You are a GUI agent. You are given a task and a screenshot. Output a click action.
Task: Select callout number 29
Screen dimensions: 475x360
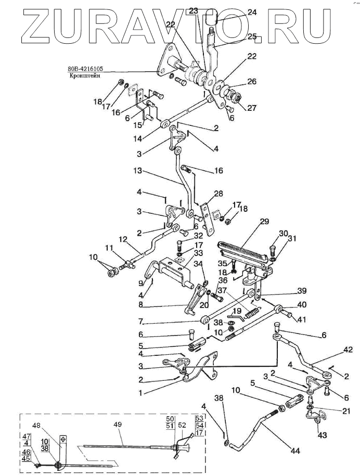tap(264, 222)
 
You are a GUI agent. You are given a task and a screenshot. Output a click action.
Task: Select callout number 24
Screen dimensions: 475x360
tap(252, 12)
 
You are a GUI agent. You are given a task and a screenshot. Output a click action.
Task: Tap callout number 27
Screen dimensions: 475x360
tap(238, 109)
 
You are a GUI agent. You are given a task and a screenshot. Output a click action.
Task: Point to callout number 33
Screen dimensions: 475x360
tap(185, 253)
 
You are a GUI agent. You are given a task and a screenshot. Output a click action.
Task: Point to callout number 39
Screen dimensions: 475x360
tap(288, 290)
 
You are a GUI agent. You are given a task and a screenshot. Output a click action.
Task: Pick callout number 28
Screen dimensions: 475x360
tap(218, 194)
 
